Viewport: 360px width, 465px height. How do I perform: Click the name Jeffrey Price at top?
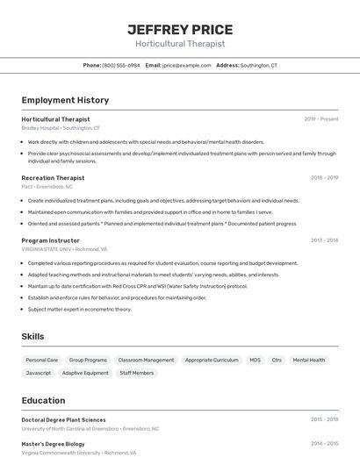coord(180,30)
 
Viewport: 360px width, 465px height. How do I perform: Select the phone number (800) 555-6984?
coord(121,66)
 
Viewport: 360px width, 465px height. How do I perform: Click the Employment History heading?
coord(65,101)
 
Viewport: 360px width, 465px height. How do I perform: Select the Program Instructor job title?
coord(50,240)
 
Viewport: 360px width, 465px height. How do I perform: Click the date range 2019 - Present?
coord(321,119)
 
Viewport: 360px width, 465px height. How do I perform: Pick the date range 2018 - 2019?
coord(324,178)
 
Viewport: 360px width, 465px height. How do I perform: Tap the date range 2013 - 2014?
coord(324,240)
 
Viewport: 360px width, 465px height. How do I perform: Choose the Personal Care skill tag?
coord(42,360)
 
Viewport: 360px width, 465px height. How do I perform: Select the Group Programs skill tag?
coord(88,360)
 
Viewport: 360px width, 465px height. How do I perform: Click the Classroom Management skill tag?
coord(146,360)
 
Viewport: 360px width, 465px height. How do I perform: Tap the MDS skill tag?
coord(255,360)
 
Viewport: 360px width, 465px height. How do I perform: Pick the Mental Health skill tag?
coord(309,360)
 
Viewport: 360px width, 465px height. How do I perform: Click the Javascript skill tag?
coord(39,373)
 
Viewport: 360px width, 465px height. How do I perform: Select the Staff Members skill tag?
coord(137,373)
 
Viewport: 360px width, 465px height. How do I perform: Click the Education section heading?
coord(44,400)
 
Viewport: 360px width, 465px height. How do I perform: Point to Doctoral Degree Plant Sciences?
coord(63,420)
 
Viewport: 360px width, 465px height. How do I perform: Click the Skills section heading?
coord(32,337)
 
